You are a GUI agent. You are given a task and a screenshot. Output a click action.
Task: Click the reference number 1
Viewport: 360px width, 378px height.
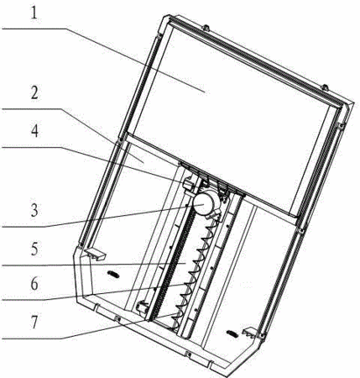[34, 13]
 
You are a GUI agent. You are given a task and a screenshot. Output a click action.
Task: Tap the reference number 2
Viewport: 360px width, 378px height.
[34, 93]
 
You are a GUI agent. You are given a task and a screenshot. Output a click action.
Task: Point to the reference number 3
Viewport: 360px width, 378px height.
[34, 211]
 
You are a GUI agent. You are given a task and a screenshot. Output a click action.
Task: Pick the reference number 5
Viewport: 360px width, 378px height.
[34, 249]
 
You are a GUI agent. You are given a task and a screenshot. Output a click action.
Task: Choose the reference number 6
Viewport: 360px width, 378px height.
[34, 284]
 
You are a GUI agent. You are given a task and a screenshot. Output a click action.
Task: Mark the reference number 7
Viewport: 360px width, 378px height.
[34, 323]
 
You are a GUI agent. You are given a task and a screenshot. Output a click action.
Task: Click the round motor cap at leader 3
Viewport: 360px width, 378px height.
[203, 203]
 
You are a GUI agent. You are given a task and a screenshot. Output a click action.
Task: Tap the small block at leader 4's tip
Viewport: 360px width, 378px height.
[188, 184]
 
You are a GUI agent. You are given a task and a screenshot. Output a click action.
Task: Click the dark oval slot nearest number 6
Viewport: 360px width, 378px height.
[113, 275]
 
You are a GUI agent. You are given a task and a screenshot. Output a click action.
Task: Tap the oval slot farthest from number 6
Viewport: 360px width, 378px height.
[232, 333]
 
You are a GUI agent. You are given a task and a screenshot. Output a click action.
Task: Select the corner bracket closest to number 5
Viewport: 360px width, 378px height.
[94, 254]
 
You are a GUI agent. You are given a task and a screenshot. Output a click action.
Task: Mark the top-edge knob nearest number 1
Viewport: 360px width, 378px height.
[206, 28]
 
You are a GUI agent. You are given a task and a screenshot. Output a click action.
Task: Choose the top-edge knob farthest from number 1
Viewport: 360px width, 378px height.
[324, 87]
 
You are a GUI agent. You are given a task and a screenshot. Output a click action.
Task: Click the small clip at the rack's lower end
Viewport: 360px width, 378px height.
[142, 307]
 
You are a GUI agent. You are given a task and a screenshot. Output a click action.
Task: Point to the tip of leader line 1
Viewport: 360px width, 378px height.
[206, 92]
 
